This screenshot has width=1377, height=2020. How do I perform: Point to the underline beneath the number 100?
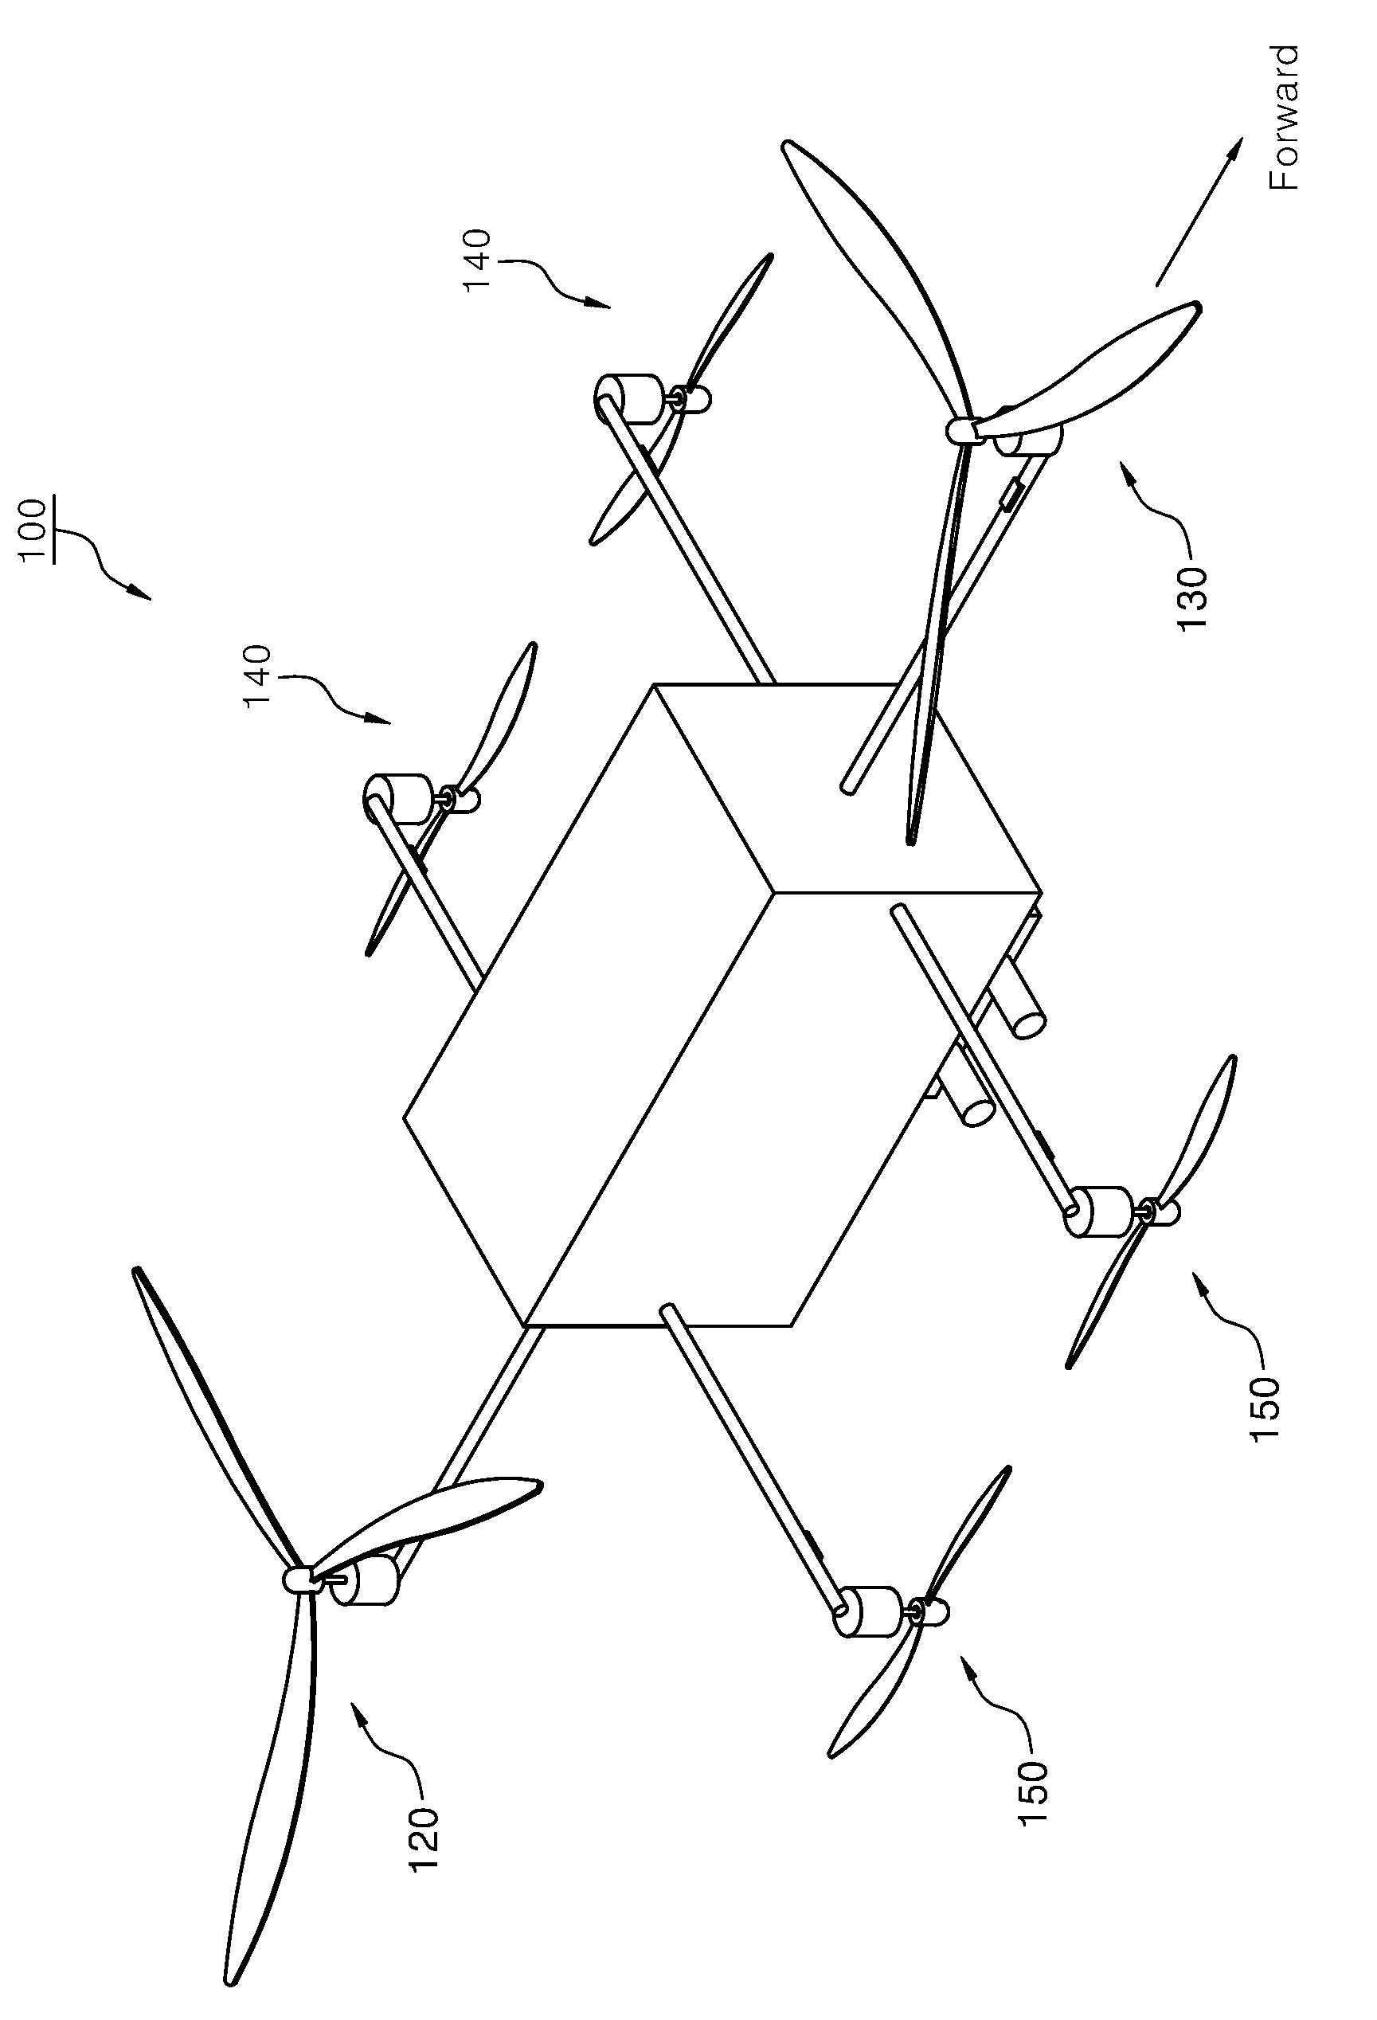click(x=54, y=531)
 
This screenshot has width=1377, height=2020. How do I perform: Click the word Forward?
click(x=1283, y=118)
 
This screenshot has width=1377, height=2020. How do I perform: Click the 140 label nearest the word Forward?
click(x=477, y=260)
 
